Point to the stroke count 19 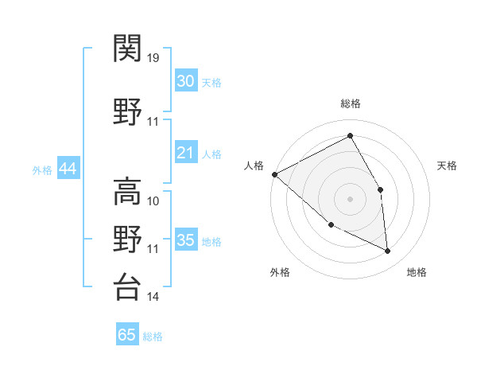click(x=153, y=57)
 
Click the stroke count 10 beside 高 click(x=153, y=201)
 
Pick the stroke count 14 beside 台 click(x=153, y=297)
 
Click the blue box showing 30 click(x=185, y=81)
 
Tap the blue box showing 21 click(x=185, y=153)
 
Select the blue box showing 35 click(x=185, y=240)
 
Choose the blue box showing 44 click(x=68, y=169)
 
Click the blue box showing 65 click(x=127, y=335)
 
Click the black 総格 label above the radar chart click(x=350, y=103)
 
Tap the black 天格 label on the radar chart click(x=447, y=166)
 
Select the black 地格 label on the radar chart click(x=417, y=272)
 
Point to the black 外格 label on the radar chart click(x=280, y=272)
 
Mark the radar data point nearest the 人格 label click(x=274, y=174)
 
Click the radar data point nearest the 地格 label click(x=387, y=251)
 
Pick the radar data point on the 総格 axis click(x=350, y=135)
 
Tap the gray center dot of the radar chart click(x=350, y=198)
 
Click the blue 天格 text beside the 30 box click(x=211, y=82)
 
